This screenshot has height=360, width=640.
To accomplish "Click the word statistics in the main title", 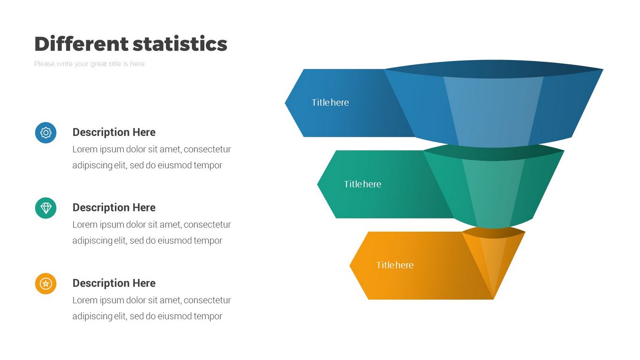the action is [x=180, y=44].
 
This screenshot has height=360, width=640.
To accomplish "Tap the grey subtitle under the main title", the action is [x=90, y=64].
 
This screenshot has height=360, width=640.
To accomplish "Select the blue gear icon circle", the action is [x=46, y=133].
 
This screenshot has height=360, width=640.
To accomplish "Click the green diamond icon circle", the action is [x=46, y=208].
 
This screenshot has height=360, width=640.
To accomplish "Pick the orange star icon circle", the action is [x=46, y=284].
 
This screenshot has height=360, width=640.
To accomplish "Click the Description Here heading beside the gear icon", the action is [x=114, y=132].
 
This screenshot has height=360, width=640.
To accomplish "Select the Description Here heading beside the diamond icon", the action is [x=114, y=208].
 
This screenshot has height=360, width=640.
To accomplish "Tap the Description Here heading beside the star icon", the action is [x=114, y=283].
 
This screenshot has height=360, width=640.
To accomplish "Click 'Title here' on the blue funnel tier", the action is [x=330, y=103].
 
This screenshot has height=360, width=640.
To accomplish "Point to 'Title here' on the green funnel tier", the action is [x=362, y=184].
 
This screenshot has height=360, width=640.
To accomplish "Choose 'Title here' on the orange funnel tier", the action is [x=395, y=265].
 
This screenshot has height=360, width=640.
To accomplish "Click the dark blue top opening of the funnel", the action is [x=494, y=69].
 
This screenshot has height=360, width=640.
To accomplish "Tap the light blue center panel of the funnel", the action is [x=493, y=112].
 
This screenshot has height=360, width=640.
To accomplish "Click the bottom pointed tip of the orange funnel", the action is [x=493, y=299].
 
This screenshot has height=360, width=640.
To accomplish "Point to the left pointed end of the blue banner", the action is [x=285, y=103].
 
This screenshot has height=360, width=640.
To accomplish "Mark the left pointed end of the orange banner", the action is [x=350, y=265].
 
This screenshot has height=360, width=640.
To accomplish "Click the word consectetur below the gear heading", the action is [x=207, y=150].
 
